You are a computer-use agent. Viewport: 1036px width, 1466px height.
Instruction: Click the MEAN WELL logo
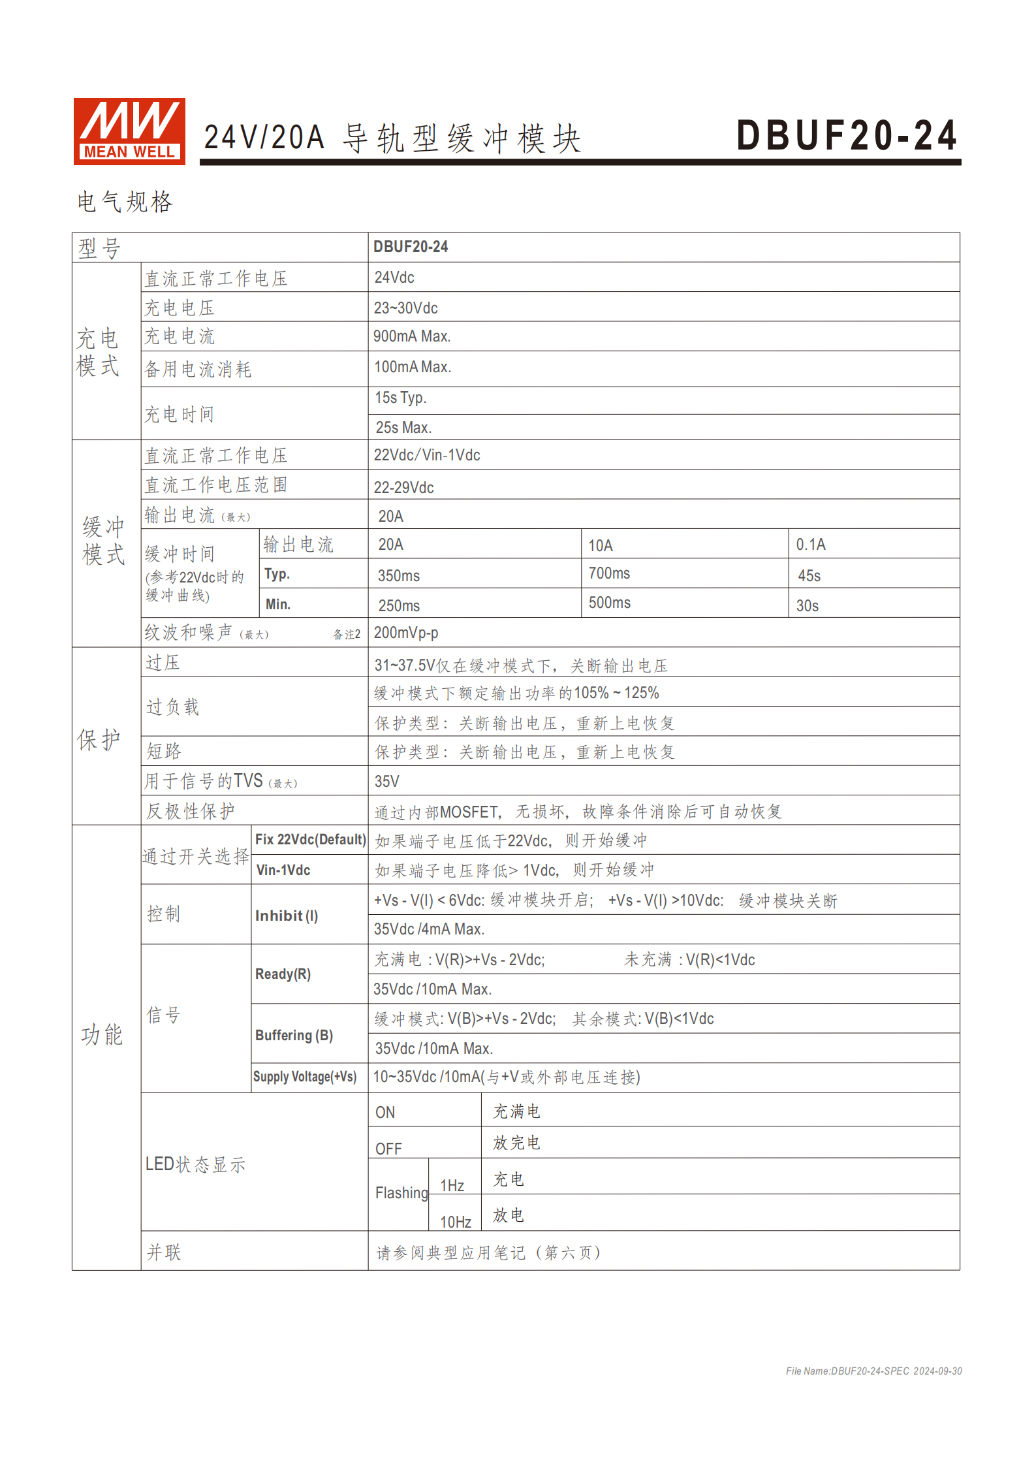(x=129, y=131)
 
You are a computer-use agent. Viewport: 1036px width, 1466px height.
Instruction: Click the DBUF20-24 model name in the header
(x=847, y=136)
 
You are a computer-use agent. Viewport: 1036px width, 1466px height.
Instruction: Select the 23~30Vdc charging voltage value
(x=405, y=308)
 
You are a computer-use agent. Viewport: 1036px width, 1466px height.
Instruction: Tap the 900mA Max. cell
(x=412, y=336)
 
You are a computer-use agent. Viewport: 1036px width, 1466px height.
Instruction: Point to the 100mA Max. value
(x=413, y=367)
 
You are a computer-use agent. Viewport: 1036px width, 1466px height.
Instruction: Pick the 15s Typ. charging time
(x=400, y=398)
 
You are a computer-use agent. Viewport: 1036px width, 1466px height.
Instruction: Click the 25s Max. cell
(x=403, y=428)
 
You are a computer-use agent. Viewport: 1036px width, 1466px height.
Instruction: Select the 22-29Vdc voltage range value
(x=403, y=487)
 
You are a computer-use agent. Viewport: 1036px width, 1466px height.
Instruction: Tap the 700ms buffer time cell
(x=609, y=573)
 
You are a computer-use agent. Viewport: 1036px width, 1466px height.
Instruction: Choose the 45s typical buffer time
(x=809, y=576)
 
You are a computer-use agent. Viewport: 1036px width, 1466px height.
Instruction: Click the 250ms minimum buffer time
(x=399, y=606)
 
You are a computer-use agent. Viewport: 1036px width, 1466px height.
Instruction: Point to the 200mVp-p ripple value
(x=406, y=633)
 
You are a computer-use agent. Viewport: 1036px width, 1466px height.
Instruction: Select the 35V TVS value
(x=386, y=781)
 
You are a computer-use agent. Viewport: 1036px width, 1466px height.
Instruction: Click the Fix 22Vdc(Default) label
(x=310, y=840)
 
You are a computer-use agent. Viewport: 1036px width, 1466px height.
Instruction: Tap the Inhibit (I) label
(x=287, y=916)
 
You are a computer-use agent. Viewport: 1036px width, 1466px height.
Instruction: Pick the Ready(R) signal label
(x=283, y=974)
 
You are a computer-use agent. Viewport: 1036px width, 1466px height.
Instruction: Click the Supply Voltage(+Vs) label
(x=305, y=1077)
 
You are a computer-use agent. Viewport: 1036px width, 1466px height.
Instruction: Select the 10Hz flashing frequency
(x=456, y=1222)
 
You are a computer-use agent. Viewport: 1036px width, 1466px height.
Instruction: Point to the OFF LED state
(x=388, y=1149)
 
